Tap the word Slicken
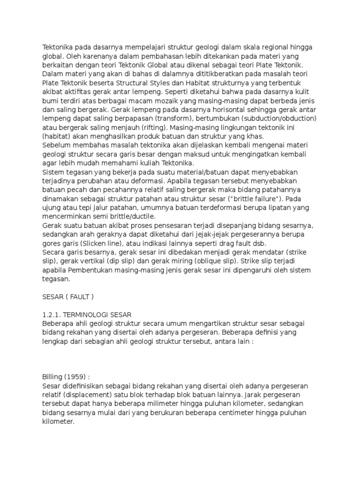pos(91,244)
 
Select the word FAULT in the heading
pos(77,296)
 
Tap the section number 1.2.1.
pos(52,314)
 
